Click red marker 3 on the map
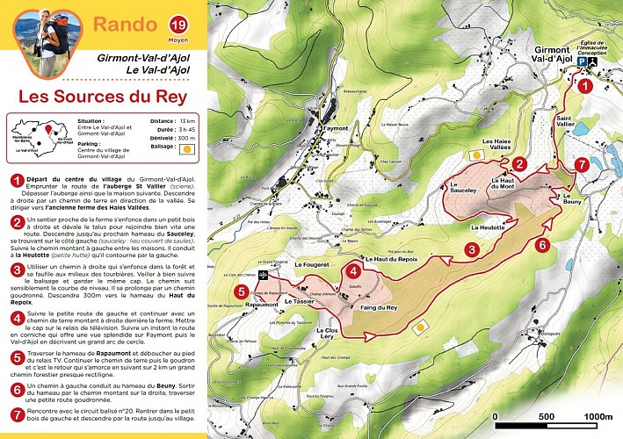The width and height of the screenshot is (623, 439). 472,250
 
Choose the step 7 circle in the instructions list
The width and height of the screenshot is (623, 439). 14,414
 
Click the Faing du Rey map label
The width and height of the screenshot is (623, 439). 379,307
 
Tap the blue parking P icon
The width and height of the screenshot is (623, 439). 582,63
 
